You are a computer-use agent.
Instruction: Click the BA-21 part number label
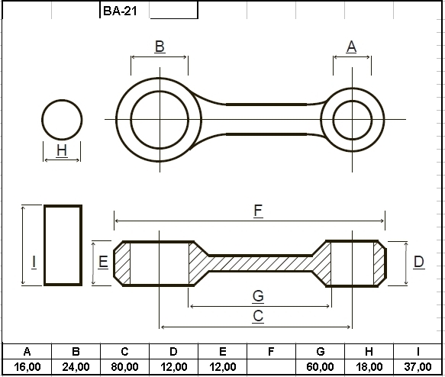point(120,11)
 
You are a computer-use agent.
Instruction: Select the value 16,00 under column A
point(27,367)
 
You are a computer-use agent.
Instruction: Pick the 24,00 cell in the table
point(76,367)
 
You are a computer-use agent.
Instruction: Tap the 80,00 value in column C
point(124,367)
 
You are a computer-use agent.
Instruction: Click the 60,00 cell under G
point(320,367)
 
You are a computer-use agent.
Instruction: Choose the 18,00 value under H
point(369,367)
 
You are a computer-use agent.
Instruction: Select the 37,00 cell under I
point(418,367)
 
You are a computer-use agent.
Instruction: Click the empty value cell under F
point(271,367)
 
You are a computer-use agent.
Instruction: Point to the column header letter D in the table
point(173,352)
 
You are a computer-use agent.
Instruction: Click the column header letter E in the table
point(223,352)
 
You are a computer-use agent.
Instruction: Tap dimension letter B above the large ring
point(160,47)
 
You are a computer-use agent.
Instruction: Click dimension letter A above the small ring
point(351,47)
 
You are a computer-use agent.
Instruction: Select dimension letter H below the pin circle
point(62,150)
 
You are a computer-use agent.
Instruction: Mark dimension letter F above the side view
point(258,211)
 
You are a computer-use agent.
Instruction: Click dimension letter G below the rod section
point(258,296)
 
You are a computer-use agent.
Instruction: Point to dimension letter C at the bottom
point(258,316)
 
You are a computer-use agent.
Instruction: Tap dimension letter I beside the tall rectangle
point(34,262)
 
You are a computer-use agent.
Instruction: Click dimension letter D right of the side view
point(419,262)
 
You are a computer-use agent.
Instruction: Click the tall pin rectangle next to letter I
point(44,246)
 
